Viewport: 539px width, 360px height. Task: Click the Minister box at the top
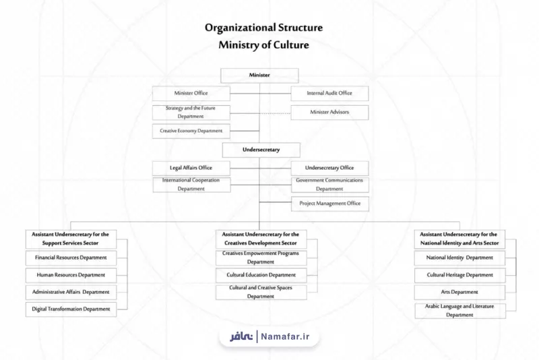point(259,76)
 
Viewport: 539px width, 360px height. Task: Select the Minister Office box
point(191,94)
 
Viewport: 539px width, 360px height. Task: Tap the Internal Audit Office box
point(329,94)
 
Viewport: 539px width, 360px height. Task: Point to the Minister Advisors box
point(329,113)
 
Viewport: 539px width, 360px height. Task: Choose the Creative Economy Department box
point(191,131)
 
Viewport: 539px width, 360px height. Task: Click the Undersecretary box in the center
point(261,150)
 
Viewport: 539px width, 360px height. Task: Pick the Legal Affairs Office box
point(191,169)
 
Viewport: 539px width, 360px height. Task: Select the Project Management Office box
point(330,204)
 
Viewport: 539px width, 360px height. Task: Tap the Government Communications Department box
point(330,185)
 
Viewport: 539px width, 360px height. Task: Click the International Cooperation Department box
point(191,185)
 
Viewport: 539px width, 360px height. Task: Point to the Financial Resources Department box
point(71,258)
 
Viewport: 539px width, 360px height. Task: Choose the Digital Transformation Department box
point(71,309)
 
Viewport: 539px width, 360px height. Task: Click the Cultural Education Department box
point(261,275)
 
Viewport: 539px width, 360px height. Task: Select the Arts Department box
point(459,293)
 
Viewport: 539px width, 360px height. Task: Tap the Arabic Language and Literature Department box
point(460,311)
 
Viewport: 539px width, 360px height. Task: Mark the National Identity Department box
point(459,258)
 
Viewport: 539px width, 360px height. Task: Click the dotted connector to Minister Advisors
point(276,113)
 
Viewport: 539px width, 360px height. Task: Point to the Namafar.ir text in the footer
point(285,336)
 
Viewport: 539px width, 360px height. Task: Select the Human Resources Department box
point(71,275)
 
